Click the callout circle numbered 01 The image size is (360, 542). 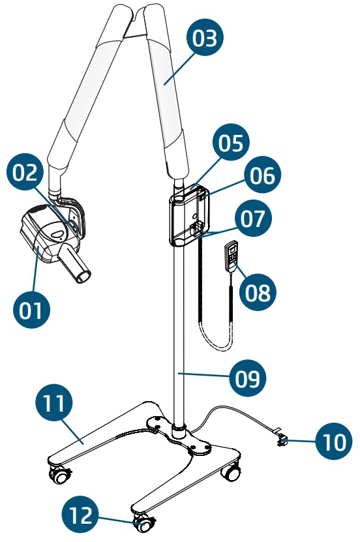32,310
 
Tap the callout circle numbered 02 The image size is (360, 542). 25,172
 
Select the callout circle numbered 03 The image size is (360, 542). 205,37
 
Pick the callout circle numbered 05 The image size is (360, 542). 231,142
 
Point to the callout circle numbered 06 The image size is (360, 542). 263,175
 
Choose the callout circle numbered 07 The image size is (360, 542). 253,218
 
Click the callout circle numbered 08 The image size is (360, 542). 258,292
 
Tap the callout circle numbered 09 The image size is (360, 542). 248,378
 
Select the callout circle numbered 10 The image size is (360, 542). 334,442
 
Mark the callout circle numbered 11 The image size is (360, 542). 54,402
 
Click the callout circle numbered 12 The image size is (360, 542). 80,515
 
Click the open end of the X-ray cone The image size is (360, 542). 83,277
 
